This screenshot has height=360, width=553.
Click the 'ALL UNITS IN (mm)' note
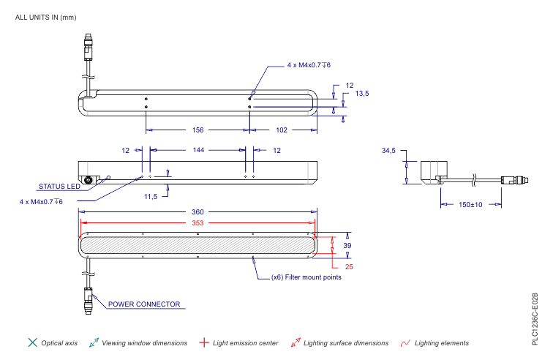click(x=45, y=18)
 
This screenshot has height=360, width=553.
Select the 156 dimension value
click(x=197, y=130)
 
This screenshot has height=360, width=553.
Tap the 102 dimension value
click(x=282, y=130)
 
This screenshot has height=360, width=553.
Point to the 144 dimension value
click(x=198, y=150)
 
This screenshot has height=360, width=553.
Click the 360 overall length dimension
click(x=197, y=211)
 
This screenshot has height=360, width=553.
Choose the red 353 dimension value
click(x=197, y=222)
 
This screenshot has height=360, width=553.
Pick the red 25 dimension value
click(x=349, y=267)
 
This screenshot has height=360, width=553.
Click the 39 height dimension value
click(x=347, y=246)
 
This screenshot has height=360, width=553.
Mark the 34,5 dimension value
click(x=388, y=151)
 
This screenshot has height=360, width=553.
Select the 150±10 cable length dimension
click(x=470, y=205)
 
